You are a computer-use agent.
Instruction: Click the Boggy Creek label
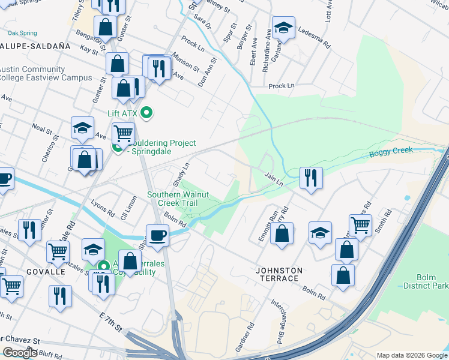point(391,151)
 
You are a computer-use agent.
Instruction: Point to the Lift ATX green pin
point(146,113)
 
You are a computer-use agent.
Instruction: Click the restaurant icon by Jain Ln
point(311,178)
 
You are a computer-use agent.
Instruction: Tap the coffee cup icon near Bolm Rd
point(158,235)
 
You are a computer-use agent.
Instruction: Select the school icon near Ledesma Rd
point(283,28)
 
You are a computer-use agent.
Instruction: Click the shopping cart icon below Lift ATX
point(123,133)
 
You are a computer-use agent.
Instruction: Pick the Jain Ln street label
point(274,178)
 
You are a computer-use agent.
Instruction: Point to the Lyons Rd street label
point(104,211)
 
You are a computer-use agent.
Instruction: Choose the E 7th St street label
point(110,328)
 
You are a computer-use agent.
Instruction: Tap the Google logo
point(19,353)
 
